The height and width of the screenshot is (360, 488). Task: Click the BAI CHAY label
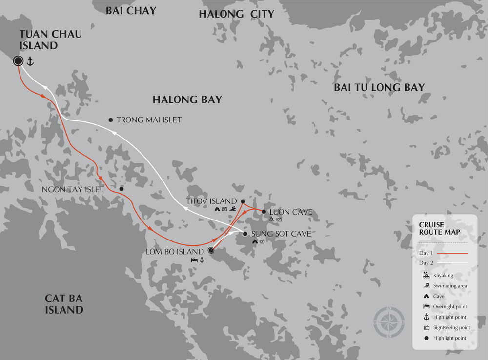pyautogui.click(x=131, y=10)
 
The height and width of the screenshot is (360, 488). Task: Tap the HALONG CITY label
pyautogui.click(x=236, y=15)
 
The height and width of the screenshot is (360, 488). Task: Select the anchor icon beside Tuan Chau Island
pyautogui.click(x=30, y=61)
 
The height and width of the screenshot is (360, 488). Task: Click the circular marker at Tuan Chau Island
pyautogui.click(x=19, y=61)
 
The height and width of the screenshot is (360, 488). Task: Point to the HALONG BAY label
pyautogui.click(x=187, y=100)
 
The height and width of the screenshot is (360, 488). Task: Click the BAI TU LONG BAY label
pyautogui.click(x=379, y=88)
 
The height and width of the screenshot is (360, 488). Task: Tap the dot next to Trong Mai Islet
pyautogui.click(x=111, y=120)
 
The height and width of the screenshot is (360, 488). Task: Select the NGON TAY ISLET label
pyautogui.click(x=73, y=189)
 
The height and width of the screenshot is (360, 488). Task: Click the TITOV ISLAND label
pyautogui.click(x=211, y=201)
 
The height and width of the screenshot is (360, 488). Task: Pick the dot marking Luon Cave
pyautogui.click(x=264, y=212)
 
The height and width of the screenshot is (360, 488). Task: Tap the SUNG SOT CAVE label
pyautogui.click(x=281, y=234)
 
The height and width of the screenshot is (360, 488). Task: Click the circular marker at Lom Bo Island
pyautogui.click(x=211, y=251)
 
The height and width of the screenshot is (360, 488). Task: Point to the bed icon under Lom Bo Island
pyautogui.click(x=193, y=260)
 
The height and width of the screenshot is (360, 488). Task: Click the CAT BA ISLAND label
pyautogui.click(x=64, y=303)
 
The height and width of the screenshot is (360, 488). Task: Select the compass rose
pyautogui.click(x=389, y=322)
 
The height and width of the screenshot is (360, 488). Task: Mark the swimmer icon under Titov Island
pyautogui.click(x=235, y=209)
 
